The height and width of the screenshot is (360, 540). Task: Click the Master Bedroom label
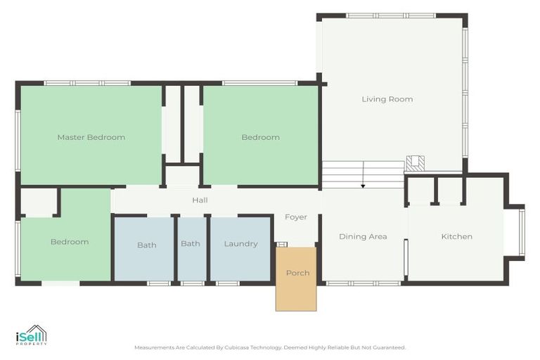[91, 137]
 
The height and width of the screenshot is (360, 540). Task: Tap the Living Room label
[387, 99]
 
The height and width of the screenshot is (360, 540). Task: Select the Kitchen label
[456, 236]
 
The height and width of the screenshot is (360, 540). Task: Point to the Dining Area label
[363, 236]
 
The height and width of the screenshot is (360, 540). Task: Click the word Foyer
[296, 217]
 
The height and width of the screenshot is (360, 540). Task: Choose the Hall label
[200, 200]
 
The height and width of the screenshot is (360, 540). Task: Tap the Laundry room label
[240, 244]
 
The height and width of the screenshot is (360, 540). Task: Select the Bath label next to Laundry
[191, 244]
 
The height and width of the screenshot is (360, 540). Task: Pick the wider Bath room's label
[147, 245]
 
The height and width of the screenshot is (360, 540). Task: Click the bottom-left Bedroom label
[70, 242]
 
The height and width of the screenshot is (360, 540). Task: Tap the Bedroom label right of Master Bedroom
[261, 137]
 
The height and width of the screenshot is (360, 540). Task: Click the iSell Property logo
[32, 336]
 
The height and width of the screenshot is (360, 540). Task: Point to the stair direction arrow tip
[363, 187]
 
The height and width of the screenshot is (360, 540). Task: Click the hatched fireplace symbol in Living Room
[416, 164]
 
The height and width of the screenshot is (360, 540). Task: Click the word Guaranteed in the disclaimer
[391, 347]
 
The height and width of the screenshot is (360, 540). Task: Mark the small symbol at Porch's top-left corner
[282, 244]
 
